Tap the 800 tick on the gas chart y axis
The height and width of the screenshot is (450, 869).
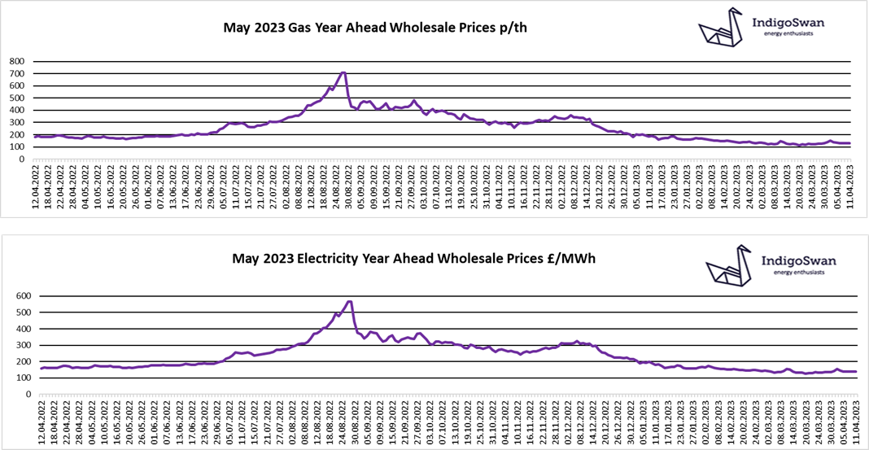18,61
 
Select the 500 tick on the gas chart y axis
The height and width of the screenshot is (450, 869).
18,98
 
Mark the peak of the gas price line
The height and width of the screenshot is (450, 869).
344,72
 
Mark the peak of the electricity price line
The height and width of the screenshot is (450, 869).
349,301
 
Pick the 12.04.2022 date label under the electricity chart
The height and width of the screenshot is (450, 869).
41,420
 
